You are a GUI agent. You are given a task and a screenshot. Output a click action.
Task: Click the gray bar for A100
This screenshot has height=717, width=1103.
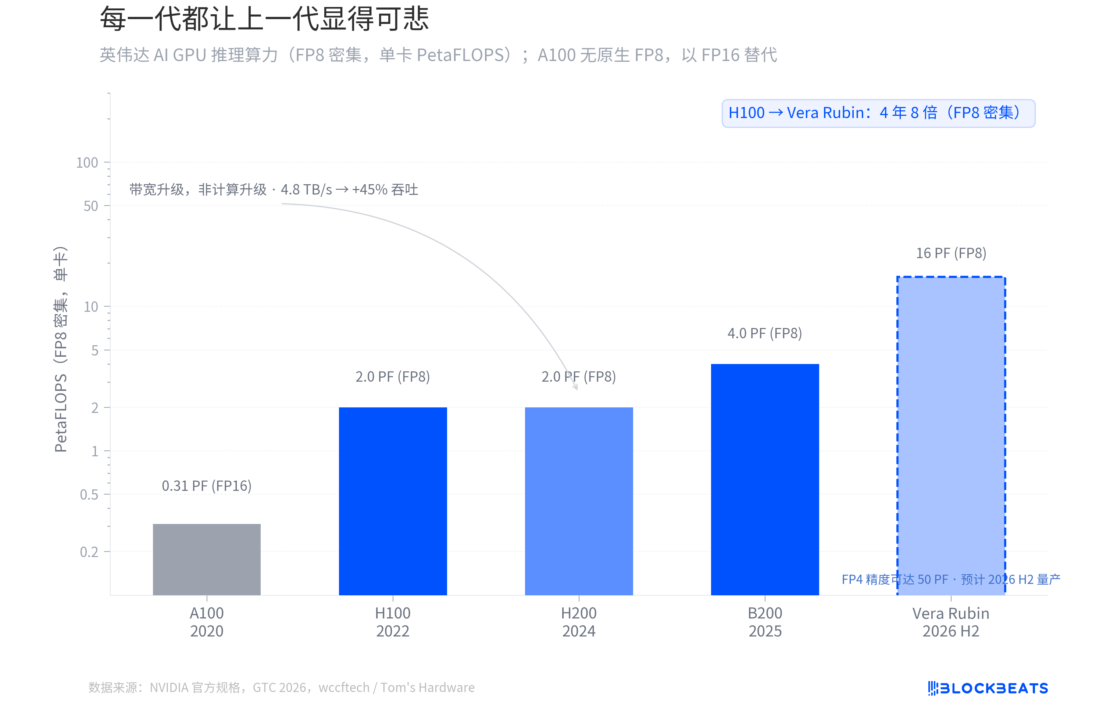[207, 559]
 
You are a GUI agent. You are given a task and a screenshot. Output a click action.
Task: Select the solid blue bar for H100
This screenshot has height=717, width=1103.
[393, 500]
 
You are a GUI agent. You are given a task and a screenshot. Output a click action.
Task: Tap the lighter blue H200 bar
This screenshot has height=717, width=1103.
[578, 500]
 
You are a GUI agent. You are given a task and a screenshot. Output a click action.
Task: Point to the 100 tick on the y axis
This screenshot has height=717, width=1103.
[87, 163]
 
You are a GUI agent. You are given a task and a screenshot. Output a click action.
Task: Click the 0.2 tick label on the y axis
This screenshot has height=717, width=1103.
[89, 552]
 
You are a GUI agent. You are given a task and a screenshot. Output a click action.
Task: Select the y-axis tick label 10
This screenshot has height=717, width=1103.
[91, 306]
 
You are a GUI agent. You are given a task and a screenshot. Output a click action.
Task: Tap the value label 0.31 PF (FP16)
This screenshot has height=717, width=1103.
[207, 486]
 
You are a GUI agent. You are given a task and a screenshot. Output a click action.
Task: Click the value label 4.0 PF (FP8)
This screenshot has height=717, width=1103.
[765, 333]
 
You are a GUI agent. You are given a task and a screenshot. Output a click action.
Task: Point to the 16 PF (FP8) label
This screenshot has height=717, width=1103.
[951, 253]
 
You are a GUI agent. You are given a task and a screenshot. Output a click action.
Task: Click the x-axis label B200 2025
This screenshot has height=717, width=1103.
[765, 622]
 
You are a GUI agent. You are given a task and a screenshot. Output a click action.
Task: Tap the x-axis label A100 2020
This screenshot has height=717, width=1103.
[207, 622]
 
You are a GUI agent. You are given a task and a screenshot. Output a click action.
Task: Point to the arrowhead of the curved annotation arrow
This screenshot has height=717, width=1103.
[576, 388]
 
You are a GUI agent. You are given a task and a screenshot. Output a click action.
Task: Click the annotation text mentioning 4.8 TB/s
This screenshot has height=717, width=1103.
[274, 190]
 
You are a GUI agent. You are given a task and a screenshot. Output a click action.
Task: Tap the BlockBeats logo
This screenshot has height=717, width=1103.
[988, 688]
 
